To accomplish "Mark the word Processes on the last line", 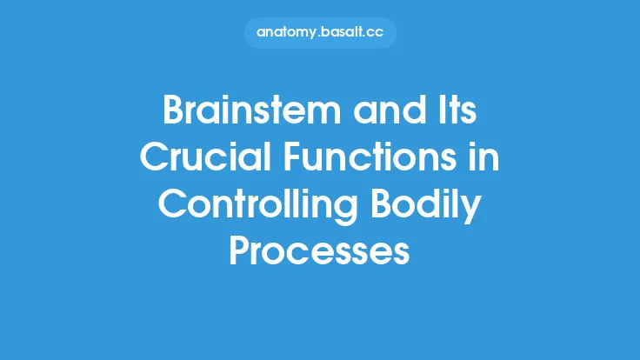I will pos(319,252).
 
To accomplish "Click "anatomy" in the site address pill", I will pos(285,33).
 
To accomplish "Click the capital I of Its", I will pos(433,114).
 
